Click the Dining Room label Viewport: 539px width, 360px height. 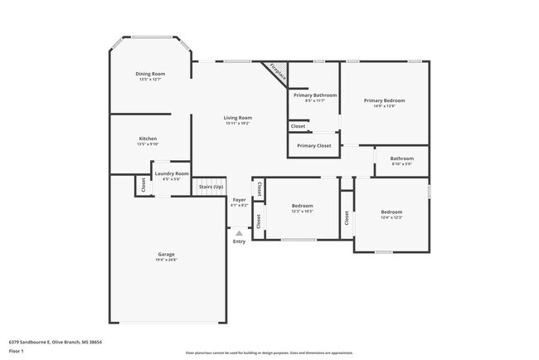point(150,74)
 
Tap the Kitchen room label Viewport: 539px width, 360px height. point(148,139)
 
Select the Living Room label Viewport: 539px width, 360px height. point(237,118)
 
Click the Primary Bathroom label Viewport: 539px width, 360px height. point(314,95)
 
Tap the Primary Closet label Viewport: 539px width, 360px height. point(313,145)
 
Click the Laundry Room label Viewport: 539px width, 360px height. point(172,173)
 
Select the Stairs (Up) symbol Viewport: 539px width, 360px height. point(211,187)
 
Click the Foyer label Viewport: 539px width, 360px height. point(239,200)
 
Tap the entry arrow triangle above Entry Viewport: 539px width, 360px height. point(239,233)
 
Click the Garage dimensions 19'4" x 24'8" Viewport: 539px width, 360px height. point(167,260)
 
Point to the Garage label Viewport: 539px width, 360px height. point(167,254)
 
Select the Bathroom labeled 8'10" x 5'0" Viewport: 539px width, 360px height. point(402,158)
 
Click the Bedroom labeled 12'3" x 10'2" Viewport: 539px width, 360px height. point(302,205)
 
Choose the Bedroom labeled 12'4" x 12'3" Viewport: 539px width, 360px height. point(391,212)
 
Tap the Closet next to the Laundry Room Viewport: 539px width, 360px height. point(143,187)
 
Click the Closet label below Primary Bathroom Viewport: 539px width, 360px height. point(298,126)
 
